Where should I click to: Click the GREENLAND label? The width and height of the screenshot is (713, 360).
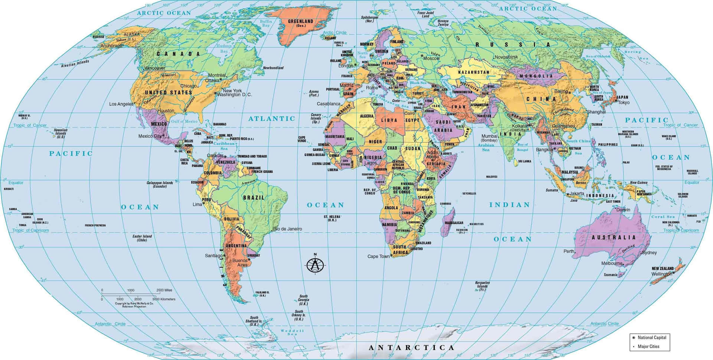click(x=300, y=22)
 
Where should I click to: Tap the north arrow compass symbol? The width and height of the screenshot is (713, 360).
click(x=315, y=265)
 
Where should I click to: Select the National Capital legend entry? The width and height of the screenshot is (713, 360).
click(x=652, y=337)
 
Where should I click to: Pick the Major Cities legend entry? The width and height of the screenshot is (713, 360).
click(x=648, y=346)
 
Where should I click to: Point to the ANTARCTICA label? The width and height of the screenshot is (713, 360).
click(x=411, y=348)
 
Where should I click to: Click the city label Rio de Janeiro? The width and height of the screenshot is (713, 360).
click(x=288, y=229)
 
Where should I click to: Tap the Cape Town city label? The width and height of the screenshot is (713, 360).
click(x=378, y=256)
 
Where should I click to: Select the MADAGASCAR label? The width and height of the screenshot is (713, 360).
click(x=454, y=223)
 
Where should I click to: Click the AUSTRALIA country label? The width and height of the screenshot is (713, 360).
click(x=613, y=237)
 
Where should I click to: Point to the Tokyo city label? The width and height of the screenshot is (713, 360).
click(x=624, y=103)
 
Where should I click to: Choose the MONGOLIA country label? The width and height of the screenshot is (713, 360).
click(x=536, y=76)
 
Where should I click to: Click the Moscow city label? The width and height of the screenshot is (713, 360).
click(x=432, y=58)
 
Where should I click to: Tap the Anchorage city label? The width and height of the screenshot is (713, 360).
click(x=111, y=46)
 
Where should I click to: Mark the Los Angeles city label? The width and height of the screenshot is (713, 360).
click(x=121, y=104)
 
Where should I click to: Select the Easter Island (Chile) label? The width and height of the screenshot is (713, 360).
click(x=142, y=238)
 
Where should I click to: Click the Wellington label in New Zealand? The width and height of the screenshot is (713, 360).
click(x=661, y=274)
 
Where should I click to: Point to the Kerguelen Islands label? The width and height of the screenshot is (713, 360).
click(x=482, y=286)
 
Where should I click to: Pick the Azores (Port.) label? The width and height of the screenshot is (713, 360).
click(x=314, y=93)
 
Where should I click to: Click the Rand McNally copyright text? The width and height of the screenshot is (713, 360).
click(x=134, y=305)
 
